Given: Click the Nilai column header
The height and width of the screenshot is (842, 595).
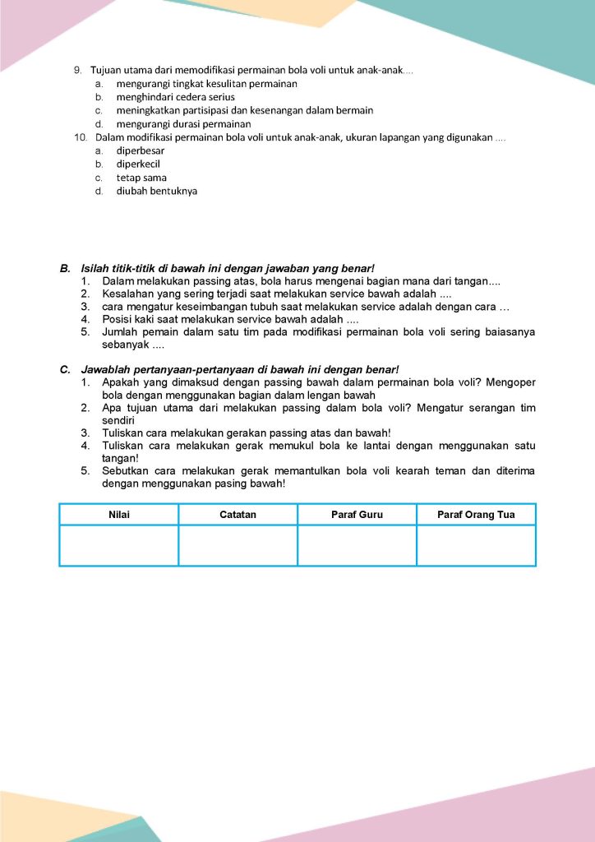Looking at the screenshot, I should coord(119,515).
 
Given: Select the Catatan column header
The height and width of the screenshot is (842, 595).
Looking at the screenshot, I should coord(238,515).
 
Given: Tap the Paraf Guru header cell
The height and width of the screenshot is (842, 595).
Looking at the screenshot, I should coord(357,515).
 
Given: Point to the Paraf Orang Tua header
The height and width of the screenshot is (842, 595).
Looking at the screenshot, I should coord(476,515).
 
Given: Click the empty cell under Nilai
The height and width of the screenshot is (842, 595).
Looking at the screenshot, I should coord(119,545).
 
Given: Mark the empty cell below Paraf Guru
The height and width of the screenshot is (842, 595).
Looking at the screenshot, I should coord(357,545).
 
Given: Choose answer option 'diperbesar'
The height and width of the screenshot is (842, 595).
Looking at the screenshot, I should coord(140,150).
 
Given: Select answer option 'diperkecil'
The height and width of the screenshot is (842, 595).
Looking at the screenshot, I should coord(138,164).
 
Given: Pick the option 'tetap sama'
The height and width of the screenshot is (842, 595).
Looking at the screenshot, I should coord(141,178).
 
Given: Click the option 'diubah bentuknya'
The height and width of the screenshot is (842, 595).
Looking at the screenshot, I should coord(156,191).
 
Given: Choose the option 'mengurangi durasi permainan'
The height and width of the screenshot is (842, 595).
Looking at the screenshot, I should coord(183,124).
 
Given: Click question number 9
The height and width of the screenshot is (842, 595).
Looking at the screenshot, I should coord(78,70).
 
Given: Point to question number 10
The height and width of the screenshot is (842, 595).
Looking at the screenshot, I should coord(81,136).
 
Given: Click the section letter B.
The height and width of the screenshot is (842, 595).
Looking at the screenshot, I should coord(64,269).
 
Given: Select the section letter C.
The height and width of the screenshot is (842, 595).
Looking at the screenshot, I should coord(64,370).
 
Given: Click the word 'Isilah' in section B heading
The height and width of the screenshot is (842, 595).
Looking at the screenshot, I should coord(95,269).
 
